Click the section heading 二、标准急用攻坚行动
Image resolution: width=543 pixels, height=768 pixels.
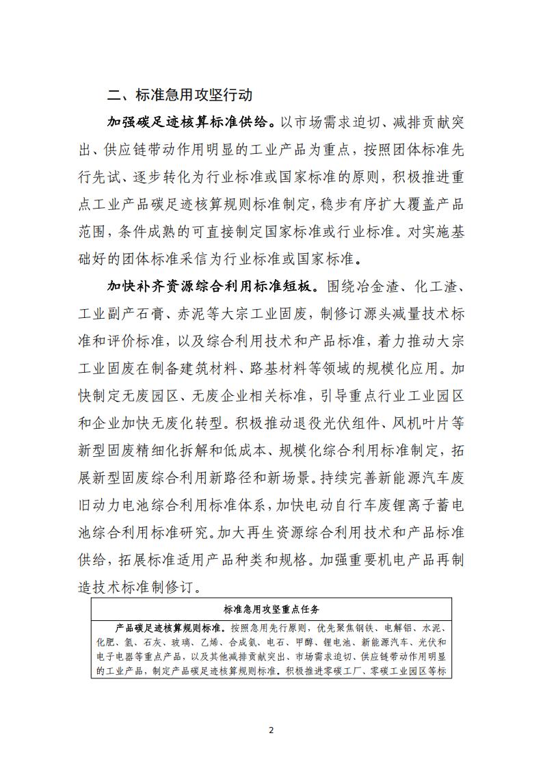185,94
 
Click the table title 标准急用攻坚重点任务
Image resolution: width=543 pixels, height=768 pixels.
271,609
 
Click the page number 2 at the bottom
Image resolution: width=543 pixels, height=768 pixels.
271,730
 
